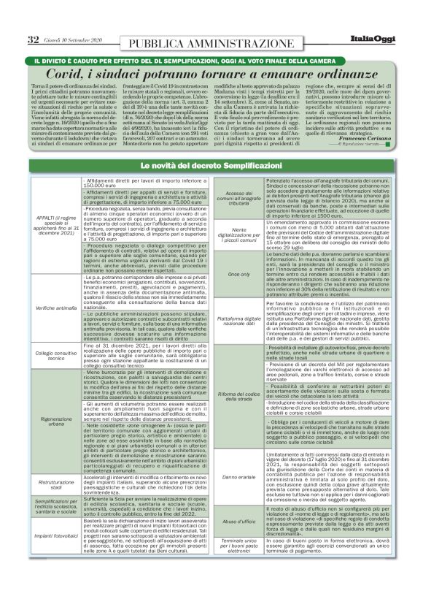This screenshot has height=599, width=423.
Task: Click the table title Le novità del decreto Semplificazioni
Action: click(x=211, y=168)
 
